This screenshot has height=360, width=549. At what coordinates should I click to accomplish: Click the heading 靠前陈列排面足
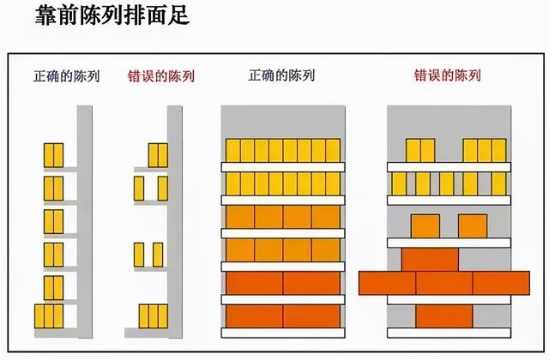[112, 16]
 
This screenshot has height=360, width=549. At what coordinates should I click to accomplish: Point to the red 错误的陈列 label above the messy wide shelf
[448, 75]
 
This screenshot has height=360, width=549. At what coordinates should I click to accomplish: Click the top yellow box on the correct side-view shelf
[53, 154]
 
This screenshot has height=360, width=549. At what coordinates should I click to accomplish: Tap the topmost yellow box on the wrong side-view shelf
[158, 154]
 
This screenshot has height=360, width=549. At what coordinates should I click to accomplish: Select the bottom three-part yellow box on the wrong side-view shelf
[152, 316]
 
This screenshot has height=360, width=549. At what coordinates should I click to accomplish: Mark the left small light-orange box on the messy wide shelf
[425, 225]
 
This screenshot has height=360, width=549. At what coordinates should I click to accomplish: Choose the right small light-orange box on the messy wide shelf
[472, 225]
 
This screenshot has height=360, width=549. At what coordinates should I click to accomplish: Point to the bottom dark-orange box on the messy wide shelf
[443, 315]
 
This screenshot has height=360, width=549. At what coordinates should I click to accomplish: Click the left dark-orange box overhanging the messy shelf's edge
[387, 281]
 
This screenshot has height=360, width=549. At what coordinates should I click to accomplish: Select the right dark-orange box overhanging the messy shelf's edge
[501, 281]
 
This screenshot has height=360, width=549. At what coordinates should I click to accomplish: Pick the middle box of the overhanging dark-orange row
[443, 281]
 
